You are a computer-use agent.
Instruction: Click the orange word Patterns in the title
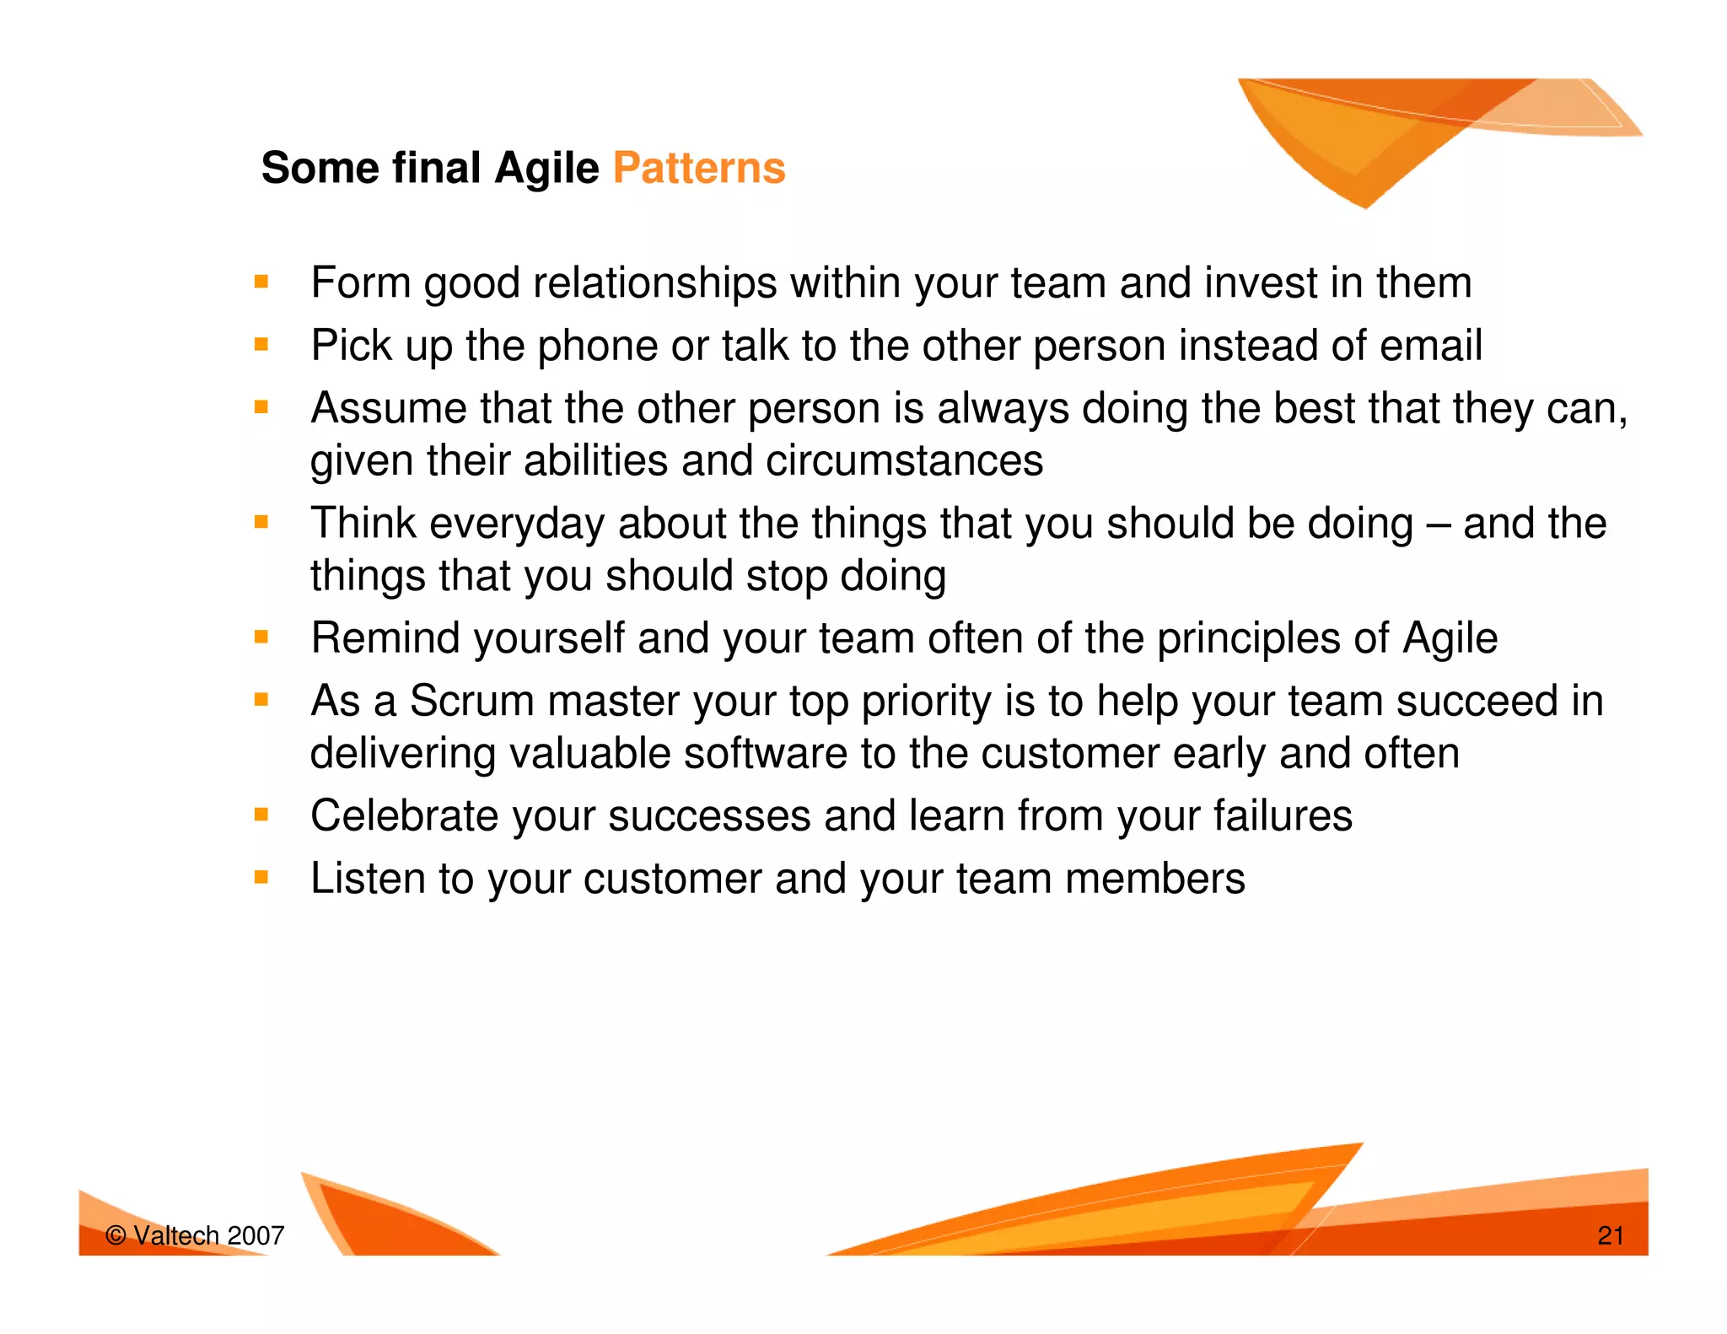699,168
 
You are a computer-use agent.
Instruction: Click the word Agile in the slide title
546,168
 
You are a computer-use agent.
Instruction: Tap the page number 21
1610,1235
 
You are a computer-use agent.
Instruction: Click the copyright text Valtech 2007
196,1235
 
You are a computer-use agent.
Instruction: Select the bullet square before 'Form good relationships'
261,282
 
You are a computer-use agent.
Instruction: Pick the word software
765,753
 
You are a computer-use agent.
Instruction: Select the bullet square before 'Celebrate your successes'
261,815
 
